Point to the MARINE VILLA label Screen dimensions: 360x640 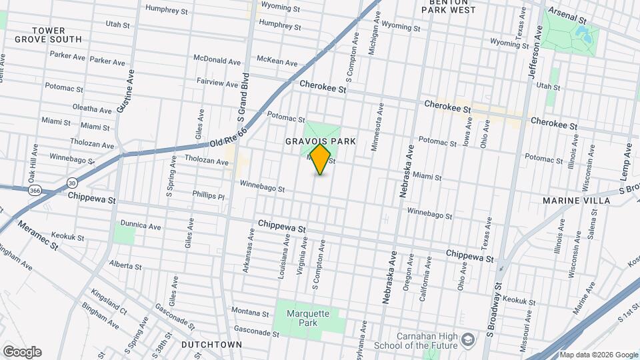576,201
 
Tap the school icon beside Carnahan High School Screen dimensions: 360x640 468,339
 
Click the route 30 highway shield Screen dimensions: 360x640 72,182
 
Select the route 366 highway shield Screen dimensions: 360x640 33,191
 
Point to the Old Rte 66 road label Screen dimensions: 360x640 228,139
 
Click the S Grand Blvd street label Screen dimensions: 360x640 243,97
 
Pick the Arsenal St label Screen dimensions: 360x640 567,13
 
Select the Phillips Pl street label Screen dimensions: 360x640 208,196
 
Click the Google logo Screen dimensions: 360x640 22,352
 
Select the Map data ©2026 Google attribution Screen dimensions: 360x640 598,355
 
